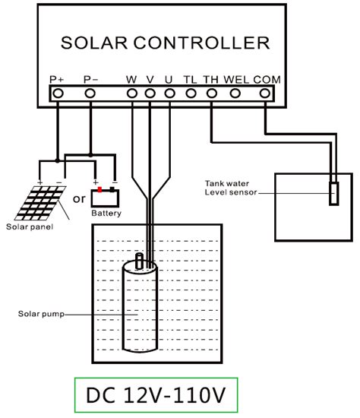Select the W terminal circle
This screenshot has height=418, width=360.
pyautogui.click(x=132, y=93)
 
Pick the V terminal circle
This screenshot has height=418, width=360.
pyautogui.click(x=150, y=93)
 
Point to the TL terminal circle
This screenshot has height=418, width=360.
pyautogui.click(x=191, y=93)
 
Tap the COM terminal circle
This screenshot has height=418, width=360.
pyautogui.click(x=264, y=93)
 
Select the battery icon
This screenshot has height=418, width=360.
pyautogui.click(x=106, y=198)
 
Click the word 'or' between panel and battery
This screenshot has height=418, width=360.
pyautogui.click(x=77, y=200)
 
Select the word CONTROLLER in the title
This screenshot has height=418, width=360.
pyautogui.click(x=204, y=41)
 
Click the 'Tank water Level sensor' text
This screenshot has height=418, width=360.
pyautogui.click(x=230, y=188)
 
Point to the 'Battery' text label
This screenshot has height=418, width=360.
pyautogui.click(x=106, y=216)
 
